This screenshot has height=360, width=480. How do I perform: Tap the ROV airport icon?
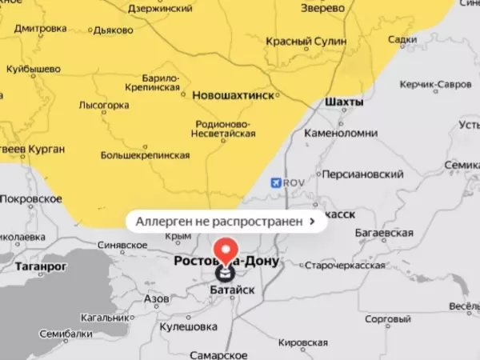tap(276, 183)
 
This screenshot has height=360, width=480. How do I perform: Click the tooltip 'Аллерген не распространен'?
tap(219, 220)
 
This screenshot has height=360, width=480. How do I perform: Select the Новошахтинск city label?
tap(234, 95)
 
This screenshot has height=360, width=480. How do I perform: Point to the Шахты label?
tap(345, 102)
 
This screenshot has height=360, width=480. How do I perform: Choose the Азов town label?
tap(156, 298)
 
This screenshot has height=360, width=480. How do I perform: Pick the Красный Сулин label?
tap(306, 42)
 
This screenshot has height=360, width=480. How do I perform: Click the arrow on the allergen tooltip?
tap(311, 220)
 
